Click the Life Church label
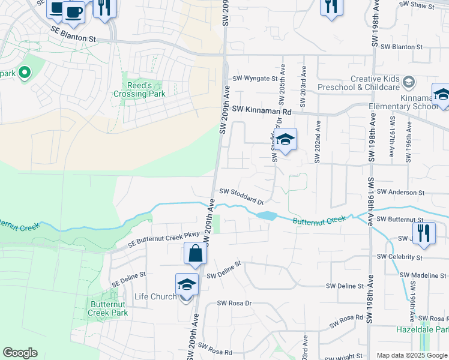coord(155,296)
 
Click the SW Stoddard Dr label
coord(241,193)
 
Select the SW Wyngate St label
coord(255,78)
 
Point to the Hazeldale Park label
coord(422,330)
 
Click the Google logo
coord(20,353)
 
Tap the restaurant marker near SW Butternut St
coord(424,233)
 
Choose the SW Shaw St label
coord(417,5)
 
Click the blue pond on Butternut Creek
coord(266,215)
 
